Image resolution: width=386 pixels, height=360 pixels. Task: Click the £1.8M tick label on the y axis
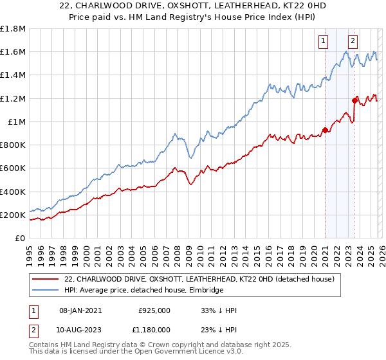click(14, 29)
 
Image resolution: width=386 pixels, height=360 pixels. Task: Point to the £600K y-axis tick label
click(12, 168)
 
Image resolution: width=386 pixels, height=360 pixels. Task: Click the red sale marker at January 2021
click(325, 130)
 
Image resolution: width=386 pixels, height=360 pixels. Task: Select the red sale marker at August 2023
click(354, 100)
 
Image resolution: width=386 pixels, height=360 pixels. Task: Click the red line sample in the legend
click(44, 280)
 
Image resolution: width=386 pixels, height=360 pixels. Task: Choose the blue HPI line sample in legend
click(44, 291)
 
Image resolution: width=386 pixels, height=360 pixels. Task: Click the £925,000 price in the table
click(154, 310)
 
